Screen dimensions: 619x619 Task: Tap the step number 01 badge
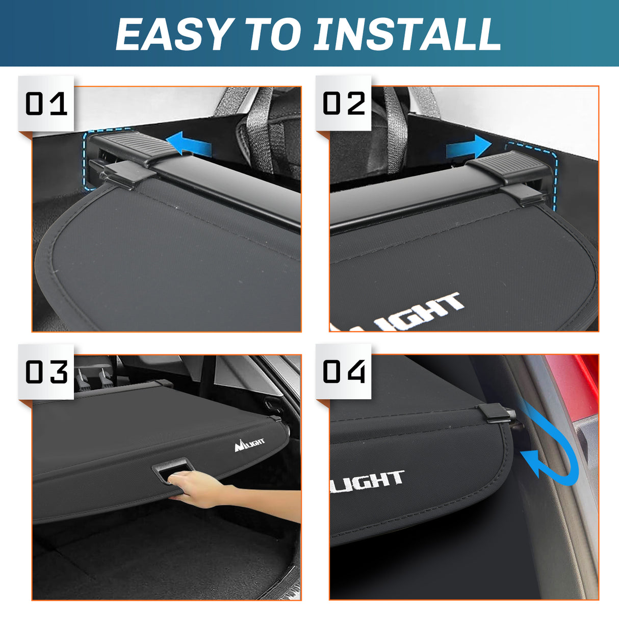tap(46, 104)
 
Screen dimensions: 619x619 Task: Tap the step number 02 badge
tap(344, 104)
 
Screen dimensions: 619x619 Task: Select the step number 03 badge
tap(46, 372)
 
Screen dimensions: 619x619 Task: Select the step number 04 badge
tap(344, 372)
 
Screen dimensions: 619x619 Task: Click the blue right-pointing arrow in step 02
tap(467, 147)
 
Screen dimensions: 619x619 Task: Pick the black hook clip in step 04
tap(495, 414)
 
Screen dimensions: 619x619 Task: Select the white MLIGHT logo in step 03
tap(249, 445)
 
